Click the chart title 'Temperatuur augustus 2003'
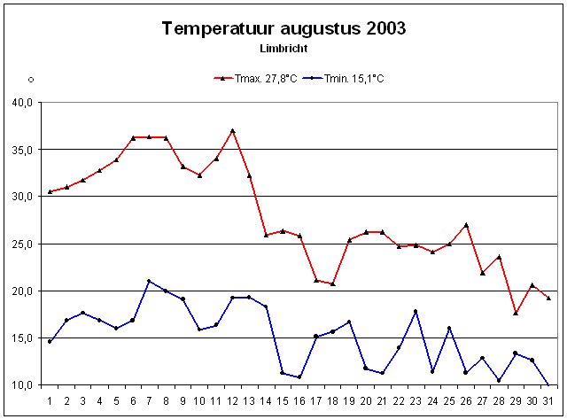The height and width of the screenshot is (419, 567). coord(283,28)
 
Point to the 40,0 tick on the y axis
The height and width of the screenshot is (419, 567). coord(22,102)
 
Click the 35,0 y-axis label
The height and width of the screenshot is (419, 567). coord(22,149)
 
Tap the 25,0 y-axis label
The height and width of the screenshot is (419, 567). coord(22,244)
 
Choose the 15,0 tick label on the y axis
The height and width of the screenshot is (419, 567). coord(22,338)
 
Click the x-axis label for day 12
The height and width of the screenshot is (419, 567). coord(232,400)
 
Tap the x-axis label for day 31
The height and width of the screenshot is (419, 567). coord(548,400)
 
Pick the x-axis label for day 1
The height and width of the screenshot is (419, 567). coord(50,400)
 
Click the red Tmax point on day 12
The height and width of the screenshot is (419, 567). coord(232,130)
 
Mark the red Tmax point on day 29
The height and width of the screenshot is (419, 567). coord(516,313)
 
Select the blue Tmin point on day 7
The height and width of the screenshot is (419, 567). coord(149,281)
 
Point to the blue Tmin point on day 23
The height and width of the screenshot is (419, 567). coord(416,311)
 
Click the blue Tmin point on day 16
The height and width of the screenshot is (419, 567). coord(299,376)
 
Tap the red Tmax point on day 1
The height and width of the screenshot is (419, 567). coord(50,191)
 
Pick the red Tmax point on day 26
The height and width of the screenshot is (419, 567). coord(466,225)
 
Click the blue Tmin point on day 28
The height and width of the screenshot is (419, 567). coord(499,380)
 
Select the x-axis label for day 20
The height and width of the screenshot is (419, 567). coord(366,400)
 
